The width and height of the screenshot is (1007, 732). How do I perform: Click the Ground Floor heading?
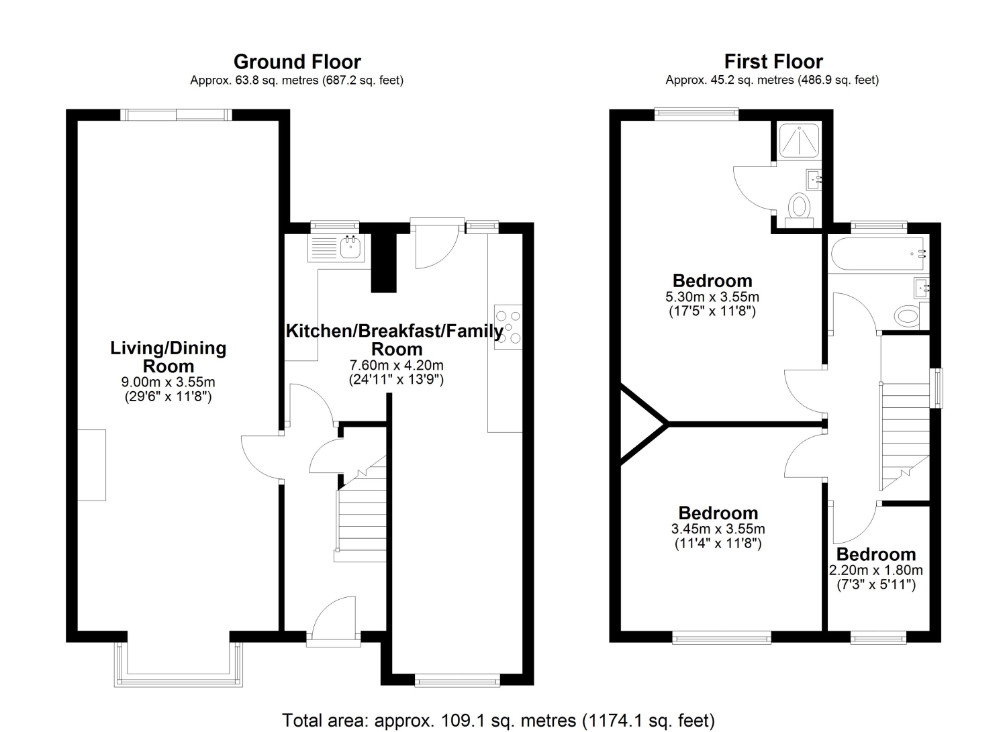click(297, 62)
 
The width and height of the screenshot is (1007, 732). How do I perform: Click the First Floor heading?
click(773, 62)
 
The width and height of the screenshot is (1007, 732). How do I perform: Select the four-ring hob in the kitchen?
click(508, 327)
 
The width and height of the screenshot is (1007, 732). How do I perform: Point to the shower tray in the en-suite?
click(799, 140)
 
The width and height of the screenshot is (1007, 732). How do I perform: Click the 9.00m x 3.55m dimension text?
click(168, 382)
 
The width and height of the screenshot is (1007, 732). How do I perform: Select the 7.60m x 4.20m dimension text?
click(397, 365)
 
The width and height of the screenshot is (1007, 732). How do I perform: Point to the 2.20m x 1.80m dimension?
click(875, 570)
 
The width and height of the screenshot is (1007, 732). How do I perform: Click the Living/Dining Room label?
click(168, 357)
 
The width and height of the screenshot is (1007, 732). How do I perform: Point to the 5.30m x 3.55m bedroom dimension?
click(712, 297)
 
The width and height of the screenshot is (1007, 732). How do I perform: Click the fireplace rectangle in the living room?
click(92, 465)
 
